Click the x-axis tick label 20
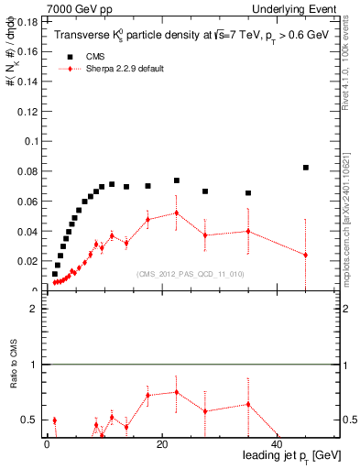(x=161, y=446)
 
